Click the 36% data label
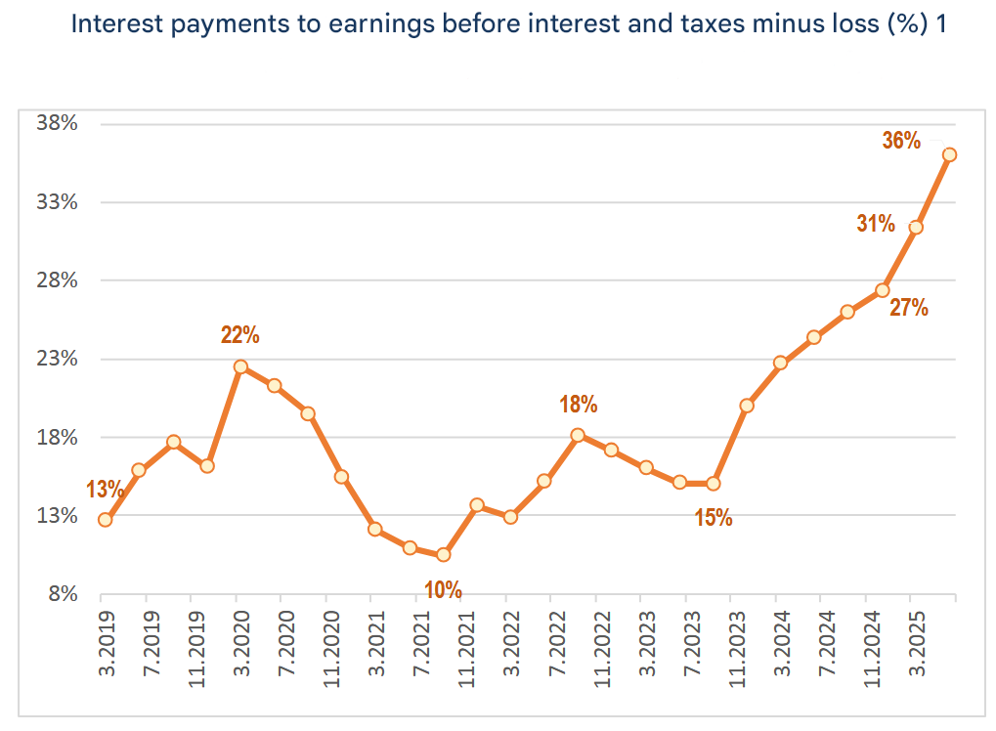[901, 141]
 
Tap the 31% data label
[876, 224]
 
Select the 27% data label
[908, 308]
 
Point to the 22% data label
[239, 335]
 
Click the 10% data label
[443, 589]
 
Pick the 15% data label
[714, 518]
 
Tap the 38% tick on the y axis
[57, 123]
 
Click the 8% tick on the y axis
[61, 593]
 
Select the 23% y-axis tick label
[57, 359]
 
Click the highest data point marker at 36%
[949, 154]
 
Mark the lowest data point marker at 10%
[444, 555]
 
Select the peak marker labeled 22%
[240, 367]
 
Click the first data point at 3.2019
[105, 520]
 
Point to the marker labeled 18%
[578, 435]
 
